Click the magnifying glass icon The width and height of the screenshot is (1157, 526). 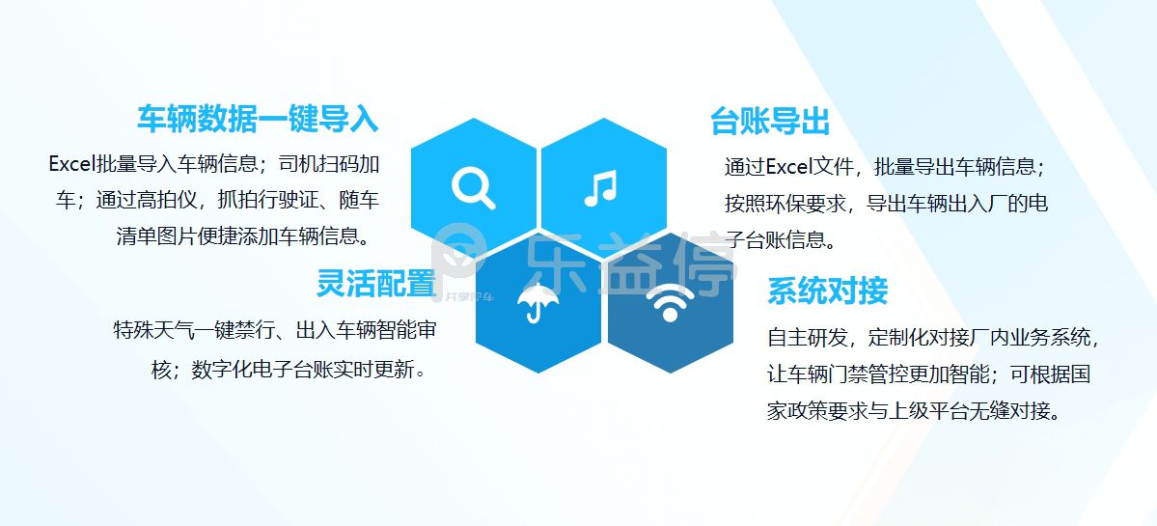coord(473,187)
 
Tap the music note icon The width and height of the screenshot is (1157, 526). coord(600,187)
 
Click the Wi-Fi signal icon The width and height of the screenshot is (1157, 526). coord(670,302)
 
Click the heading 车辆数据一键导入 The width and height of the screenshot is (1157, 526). coord(258,119)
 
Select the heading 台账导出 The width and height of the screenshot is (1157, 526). coord(770,122)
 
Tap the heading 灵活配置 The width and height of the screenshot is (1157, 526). coord(376,283)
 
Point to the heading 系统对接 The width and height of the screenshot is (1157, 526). coord(827,291)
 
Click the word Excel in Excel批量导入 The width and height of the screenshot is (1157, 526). coord(72,163)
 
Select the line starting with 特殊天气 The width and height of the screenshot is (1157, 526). coord(274,329)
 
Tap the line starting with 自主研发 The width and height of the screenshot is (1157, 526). coord(934,338)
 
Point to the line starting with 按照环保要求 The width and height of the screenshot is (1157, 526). coord(886,203)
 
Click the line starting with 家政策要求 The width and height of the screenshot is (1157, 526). coord(914,411)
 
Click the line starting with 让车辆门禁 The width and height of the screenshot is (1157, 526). coord(929,374)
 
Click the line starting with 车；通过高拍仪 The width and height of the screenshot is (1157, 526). coord(218,200)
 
